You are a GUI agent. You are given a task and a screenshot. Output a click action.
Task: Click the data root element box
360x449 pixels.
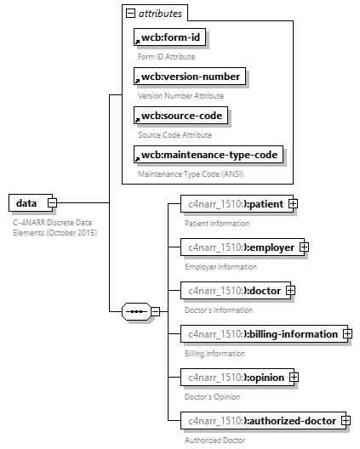coord(27,203)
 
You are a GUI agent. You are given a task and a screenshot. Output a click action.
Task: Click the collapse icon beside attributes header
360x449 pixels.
coord(130,14)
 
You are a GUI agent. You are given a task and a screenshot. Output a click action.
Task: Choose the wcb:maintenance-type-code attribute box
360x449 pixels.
coord(209,156)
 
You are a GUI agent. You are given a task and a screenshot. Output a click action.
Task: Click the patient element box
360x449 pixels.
coord(234,204)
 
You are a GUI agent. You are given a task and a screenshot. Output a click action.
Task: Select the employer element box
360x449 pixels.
coord(239,247)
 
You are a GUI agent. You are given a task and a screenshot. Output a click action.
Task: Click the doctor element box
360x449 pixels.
coord(232,291)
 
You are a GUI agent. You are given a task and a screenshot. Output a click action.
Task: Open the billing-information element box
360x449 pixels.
coord(260,334)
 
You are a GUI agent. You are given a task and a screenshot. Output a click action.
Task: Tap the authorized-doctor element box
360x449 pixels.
coord(260,421)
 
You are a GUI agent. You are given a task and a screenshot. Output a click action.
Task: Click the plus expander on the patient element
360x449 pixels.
coord(293,204)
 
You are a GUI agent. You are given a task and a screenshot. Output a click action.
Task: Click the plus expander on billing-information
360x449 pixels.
coord(347,334)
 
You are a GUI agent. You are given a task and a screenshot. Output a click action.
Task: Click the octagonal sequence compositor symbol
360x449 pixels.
coord(135,312)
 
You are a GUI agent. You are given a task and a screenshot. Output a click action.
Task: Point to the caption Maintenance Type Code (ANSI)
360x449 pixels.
coord(191,173)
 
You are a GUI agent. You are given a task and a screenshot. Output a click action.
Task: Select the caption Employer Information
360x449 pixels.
coord(220,266)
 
